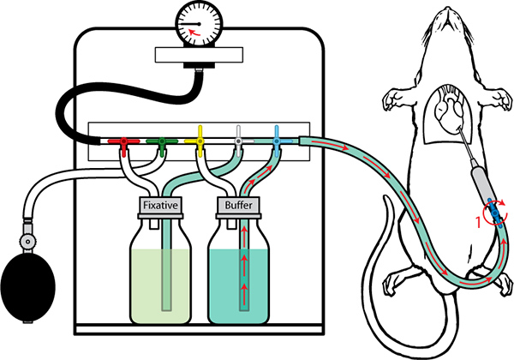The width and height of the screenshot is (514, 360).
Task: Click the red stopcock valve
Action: [x=123, y=144]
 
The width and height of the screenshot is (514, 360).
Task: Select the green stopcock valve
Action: [x=162, y=144]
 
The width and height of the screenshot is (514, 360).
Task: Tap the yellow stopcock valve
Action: [x=200, y=141]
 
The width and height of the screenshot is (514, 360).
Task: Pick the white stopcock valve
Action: [x=239, y=141]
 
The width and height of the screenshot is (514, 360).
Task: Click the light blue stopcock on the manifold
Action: [x=277, y=141]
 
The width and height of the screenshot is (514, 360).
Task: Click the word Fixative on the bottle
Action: [x=160, y=205]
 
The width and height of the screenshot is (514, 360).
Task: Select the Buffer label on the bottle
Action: [x=238, y=205]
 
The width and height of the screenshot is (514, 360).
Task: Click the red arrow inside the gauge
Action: [x=194, y=32]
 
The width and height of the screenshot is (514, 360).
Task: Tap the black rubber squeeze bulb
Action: [x=28, y=289]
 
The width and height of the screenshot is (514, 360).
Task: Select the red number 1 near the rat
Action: [x=478, y=222]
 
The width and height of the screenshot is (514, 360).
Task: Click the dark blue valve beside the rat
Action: [x=494, y=213]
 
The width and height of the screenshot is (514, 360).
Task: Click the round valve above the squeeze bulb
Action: [x=27, y=242]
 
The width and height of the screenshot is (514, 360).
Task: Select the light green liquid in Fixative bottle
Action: [x=160, y=286]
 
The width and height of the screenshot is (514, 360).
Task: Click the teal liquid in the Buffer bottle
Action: [x=239, y=286]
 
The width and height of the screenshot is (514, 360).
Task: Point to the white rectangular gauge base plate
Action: [x=199, y=55]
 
